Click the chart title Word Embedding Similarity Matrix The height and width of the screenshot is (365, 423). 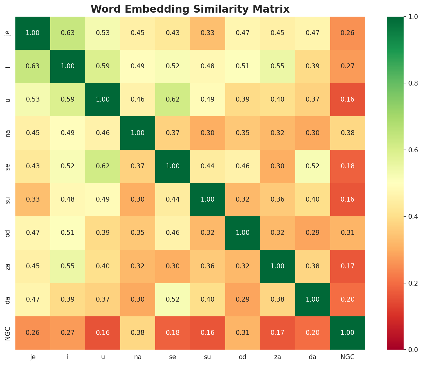point(190,9)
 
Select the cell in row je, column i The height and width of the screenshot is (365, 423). point(68,33)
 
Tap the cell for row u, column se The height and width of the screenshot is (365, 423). point(173,99)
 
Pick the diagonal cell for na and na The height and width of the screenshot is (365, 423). point(138,133)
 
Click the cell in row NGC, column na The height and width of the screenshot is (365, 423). point(138,333)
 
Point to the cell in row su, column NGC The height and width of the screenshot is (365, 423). point(348,199)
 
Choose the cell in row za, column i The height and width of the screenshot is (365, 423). point(68,266)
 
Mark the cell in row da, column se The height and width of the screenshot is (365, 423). point(173,299)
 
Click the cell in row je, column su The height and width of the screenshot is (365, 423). point(208,33)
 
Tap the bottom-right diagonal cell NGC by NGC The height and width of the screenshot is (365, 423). point(348,333)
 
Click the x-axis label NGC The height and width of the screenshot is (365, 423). point(348,357)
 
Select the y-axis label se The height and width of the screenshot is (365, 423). point(8,166)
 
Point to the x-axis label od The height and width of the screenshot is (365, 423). point(242,357)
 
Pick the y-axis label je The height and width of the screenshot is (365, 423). point(8,33)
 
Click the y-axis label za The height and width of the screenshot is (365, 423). point(8,266)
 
